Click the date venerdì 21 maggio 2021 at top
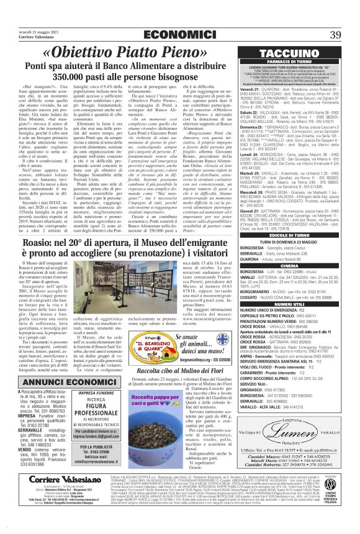coord(26,14)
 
